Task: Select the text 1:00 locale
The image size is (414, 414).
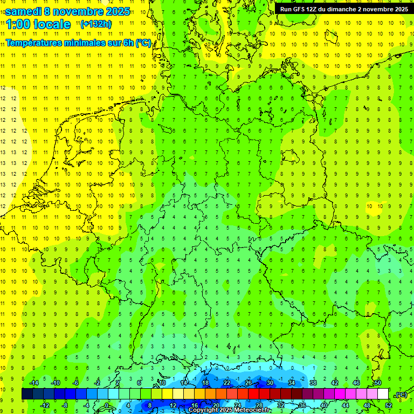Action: pos(38,24)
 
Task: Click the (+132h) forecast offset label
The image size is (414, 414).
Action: pos(96,24)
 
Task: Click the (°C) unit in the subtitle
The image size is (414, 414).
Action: pos(143,43)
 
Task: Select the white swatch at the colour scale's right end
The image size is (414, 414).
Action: pos(383,394)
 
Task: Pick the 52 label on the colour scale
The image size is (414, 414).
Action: pos(389,405)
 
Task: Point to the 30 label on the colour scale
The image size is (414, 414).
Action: pos(270,383)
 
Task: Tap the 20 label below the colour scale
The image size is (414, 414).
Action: pos(216,405)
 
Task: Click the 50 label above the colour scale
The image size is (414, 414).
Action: pos(378,383)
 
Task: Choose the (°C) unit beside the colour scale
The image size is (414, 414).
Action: pos(400,395)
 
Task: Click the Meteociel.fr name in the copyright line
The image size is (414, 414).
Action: pos(253,410)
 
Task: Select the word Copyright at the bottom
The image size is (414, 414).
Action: pos(203,410)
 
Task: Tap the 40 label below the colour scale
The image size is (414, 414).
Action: pos(323,405)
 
